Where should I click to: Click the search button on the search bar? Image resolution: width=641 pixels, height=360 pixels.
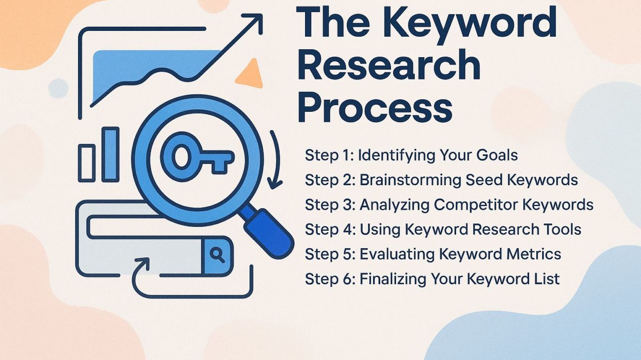pyautogui.click(x=217, y=255)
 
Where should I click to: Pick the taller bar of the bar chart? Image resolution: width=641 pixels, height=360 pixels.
pyautogui.click(x=110, y=154)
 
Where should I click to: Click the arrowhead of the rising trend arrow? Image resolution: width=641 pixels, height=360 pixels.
pyautogui.click(x=255, y=22)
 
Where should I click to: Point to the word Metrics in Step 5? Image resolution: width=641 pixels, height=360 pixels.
pyautogui.click(x=533, y=254)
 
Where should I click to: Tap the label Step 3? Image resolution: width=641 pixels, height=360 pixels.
pyautogui.click(x=329, y=205)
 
